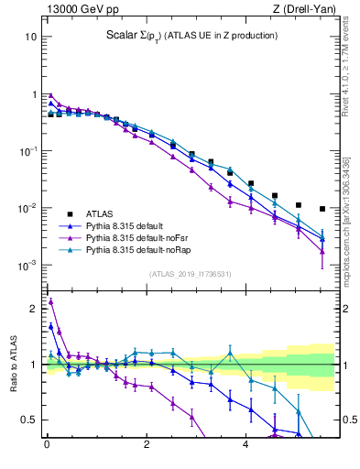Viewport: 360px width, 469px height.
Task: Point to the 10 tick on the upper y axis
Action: (30, 38)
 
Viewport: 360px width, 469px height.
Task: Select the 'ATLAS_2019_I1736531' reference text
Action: (191, 274)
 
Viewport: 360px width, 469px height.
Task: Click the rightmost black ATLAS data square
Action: (322, 209)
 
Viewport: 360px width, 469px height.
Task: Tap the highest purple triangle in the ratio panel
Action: (50, 301)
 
